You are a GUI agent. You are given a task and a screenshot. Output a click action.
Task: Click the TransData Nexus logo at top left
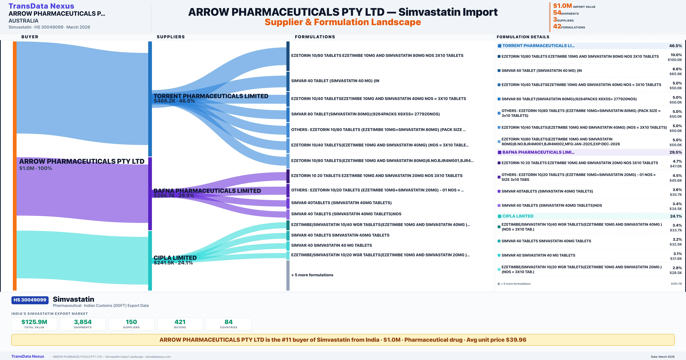pos(41,6)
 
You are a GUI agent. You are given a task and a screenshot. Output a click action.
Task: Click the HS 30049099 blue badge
pos(30,300)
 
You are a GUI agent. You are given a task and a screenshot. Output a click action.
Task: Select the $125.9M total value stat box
pos(34,324)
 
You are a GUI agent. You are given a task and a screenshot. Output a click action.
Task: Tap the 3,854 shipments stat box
pos(83,324)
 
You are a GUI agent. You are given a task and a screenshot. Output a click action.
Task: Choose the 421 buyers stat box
pos(180,324)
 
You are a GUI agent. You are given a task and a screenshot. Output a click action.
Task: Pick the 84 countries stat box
pos(229,324)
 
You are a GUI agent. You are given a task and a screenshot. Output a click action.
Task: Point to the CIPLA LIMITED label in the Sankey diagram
pos(175,258)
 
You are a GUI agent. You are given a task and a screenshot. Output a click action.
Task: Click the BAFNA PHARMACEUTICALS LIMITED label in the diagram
pos(207,191)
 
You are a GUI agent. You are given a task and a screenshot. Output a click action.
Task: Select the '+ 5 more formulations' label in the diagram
pos(312,275)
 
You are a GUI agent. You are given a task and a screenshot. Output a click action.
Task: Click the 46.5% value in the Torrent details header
pos(675,46)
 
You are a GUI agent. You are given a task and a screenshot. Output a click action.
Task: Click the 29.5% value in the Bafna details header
pos(675,152)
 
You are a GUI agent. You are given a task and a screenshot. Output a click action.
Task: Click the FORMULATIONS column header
pos(315,37)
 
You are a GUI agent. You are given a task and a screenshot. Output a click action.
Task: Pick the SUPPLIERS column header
pos(171,37)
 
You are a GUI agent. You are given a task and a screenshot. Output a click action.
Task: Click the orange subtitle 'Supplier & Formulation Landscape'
pos(343,22)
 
